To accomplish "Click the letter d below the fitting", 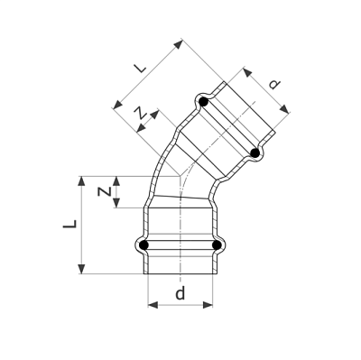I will coord(180,293).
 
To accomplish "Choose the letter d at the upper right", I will coord(273,87).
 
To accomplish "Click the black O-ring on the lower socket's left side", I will coord(143,244).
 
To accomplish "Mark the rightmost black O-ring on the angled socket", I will coord(256,154).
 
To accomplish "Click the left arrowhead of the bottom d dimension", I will coord(151,305).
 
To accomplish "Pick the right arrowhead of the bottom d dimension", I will coord(210,305).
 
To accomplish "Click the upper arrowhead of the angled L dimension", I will coord(180,42).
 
